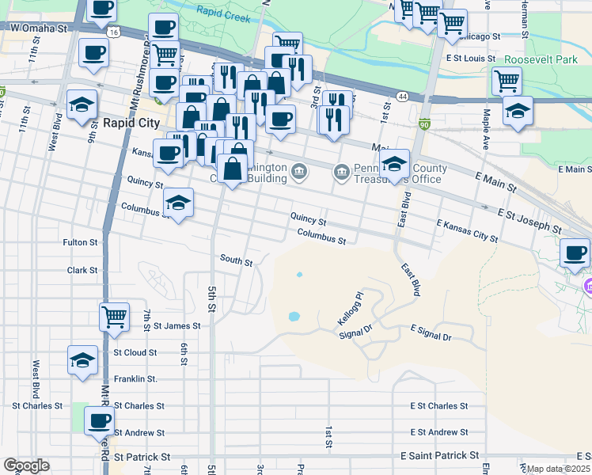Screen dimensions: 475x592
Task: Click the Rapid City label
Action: (131, 123)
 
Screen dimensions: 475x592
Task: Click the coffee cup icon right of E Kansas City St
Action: (575, 253)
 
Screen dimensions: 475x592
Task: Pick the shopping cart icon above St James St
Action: (115, 317)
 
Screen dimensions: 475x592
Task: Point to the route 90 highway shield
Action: (424, 123)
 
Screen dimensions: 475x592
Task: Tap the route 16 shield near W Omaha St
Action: (116, 32)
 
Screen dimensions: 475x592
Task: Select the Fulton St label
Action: (80, 242)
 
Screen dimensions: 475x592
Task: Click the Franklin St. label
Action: (135, 379)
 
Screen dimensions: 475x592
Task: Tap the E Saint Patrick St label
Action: (440, 456)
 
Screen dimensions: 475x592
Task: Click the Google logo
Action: (26, 465)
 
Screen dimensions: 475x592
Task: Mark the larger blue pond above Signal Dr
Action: (294, 316)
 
